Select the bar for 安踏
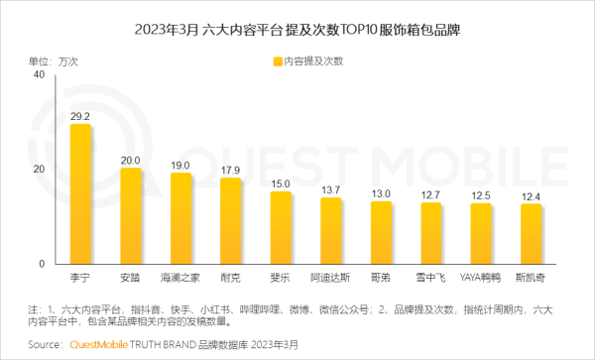(131, 216)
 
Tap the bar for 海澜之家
(180, 218)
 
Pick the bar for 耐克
(231, 221)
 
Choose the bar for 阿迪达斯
(331, 231)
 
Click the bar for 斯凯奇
(532, 234)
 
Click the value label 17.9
(231, 170)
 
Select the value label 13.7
(331, 189)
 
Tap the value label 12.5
(481, 195)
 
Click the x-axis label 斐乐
(281, 279)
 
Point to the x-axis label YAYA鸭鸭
(481, 279)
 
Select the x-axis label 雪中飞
(431, 279)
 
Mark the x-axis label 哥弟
(381, 279)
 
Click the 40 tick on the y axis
(38, 74)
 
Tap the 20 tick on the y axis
(38, 170)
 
